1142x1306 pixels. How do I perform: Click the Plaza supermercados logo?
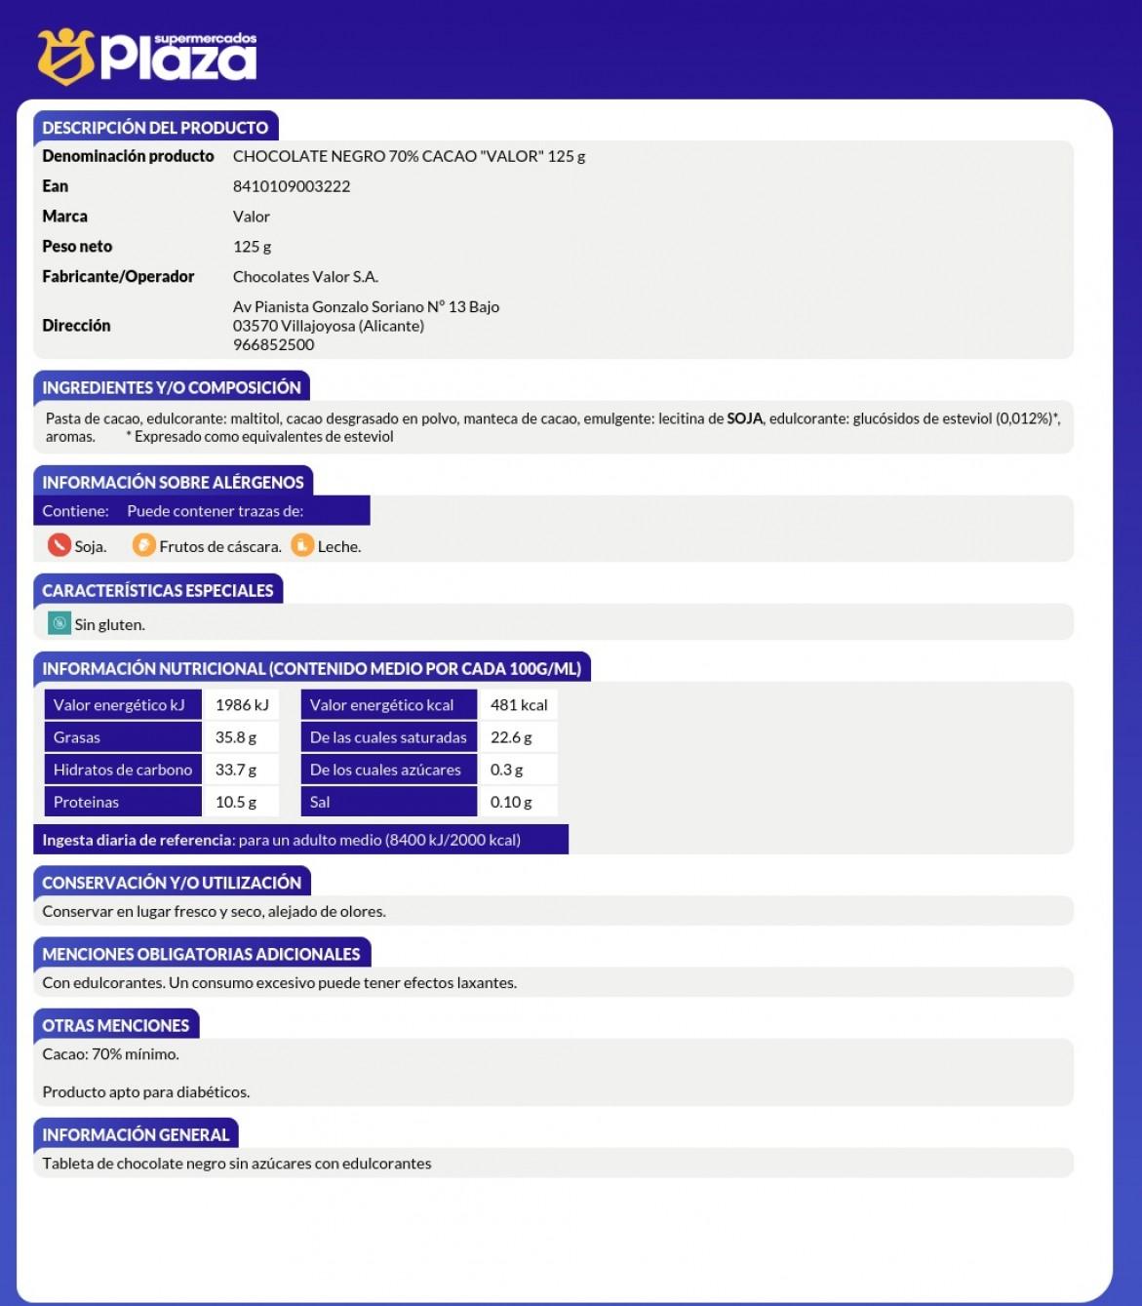[x=146, y=56]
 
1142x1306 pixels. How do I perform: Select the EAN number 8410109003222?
[x=292, y=186]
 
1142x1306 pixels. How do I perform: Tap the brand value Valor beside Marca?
[x=252, y=217]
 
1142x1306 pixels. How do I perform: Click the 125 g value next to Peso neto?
[x=252, y=247]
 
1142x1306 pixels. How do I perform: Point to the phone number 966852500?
[x=273, y=344]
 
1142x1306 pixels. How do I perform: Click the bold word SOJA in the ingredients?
[x=745, y=418]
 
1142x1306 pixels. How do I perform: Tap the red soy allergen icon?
[x=59, y=545]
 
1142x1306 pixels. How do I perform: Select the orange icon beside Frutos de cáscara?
[x=144, y=545]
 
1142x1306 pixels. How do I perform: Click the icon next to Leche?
[x=302, y=545]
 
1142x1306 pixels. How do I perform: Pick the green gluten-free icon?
[x=59, y=623]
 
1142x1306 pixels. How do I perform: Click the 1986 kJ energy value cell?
[x=241, y=705]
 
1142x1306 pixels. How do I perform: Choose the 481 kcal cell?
[x=518, y=705]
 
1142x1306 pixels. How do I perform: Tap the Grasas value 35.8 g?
[x=236, y=737]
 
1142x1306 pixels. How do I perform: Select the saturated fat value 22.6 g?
[x=511, y=737]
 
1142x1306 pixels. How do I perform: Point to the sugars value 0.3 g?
[x=506, y=770]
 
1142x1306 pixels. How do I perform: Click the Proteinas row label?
[x=86, y=802]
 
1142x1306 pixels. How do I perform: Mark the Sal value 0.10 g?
[x=511, y=802]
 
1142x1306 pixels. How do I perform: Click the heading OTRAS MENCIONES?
[x=116, y=1025]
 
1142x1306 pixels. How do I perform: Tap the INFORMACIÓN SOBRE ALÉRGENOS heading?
[x=173, y=482]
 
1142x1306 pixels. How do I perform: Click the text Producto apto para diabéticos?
[x=146, y=1092]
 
